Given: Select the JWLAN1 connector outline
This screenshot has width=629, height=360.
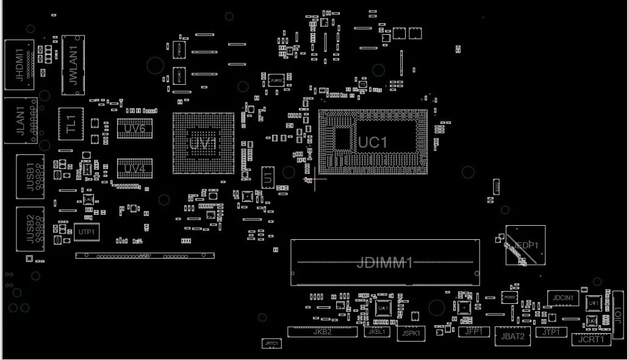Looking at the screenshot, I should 73,65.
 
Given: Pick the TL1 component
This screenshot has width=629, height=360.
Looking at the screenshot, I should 70,124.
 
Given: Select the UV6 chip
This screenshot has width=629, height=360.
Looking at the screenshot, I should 134,128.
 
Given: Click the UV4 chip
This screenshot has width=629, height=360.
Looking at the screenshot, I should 134,168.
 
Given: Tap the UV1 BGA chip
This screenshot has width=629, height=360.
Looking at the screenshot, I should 203,145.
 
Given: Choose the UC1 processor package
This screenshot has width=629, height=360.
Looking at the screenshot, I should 373,142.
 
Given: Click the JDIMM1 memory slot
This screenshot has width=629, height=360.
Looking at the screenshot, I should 385,263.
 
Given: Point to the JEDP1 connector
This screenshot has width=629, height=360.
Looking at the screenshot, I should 525,245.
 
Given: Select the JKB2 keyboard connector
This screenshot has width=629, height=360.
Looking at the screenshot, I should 322,332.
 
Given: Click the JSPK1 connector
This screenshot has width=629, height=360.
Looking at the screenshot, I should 410,333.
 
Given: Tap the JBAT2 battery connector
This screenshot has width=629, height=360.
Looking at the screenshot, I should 512,336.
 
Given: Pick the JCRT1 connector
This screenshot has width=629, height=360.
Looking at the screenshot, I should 591,339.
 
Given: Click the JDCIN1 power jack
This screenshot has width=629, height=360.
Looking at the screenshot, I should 563,298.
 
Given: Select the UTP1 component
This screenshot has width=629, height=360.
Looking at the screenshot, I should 86,232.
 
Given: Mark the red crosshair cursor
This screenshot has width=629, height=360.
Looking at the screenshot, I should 315,179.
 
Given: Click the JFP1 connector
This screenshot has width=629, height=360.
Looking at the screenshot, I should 473,331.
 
